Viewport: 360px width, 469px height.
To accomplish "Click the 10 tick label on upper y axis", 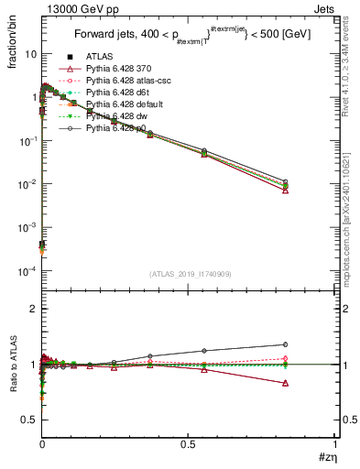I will point(29,54).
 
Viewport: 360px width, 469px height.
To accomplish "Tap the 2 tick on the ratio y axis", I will point(34,309).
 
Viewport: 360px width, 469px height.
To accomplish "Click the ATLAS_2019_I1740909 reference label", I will point(189,273).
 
